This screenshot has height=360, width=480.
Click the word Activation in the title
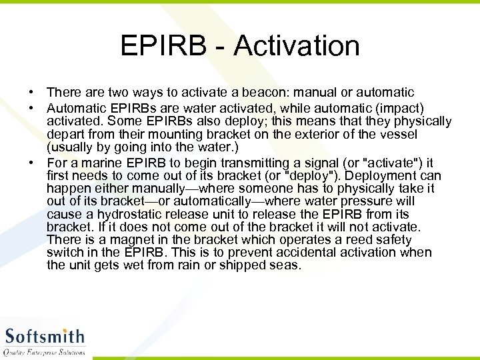(x=297, y=46)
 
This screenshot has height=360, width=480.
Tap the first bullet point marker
(x=31, y=93)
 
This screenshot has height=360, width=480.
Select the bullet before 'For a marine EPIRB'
(x=31, y=163)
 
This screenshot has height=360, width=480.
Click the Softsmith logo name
(x=45, y=335)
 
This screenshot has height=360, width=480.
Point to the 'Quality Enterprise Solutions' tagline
(x=45, y=351)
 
